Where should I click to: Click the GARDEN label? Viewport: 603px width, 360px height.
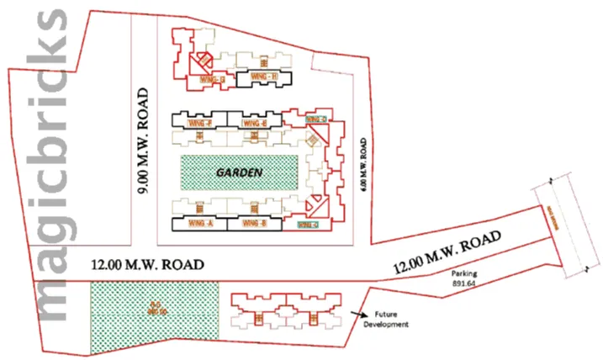point(240,172)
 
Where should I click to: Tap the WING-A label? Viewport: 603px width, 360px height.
point(198,224)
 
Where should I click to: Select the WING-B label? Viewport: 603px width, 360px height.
point(252,224)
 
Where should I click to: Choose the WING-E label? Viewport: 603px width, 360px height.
point(253,124)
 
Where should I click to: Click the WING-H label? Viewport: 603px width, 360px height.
point(264,78)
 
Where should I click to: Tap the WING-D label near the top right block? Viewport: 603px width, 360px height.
point(315,121)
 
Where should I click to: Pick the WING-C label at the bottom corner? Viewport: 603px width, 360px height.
point(308,225)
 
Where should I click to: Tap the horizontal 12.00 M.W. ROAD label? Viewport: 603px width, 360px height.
point(148,264)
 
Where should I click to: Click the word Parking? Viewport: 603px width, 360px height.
point(465,274)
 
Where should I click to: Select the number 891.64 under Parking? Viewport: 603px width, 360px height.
point(465,284)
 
